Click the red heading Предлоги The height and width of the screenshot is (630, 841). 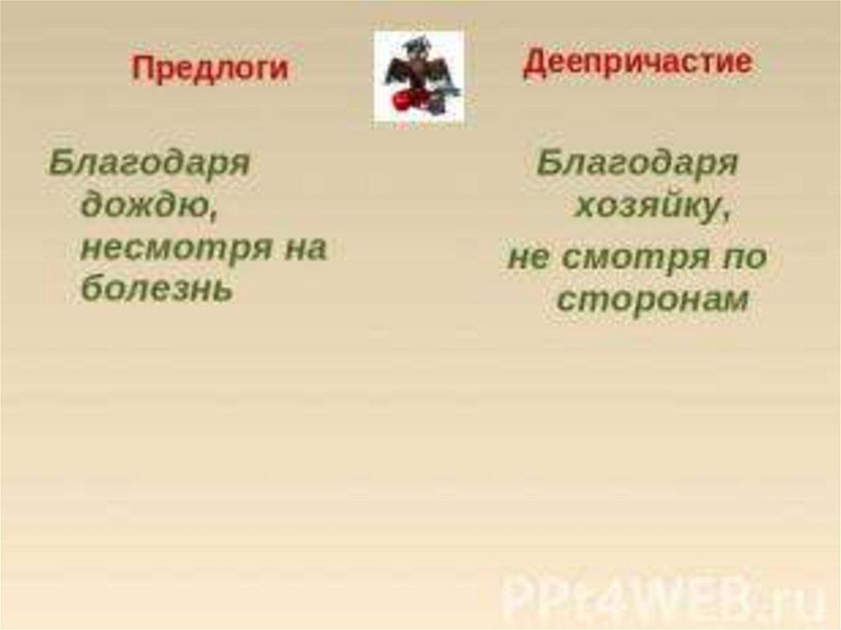pos(209,68)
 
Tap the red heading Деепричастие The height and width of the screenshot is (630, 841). pos(637,62)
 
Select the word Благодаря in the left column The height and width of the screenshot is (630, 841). pos(149,163)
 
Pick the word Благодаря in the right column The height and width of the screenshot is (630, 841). pos(637,163)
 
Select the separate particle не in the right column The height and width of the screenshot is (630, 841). pos(529,258)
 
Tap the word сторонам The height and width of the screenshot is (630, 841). pos(652,300)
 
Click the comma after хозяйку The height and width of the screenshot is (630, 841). pos(726,215)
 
